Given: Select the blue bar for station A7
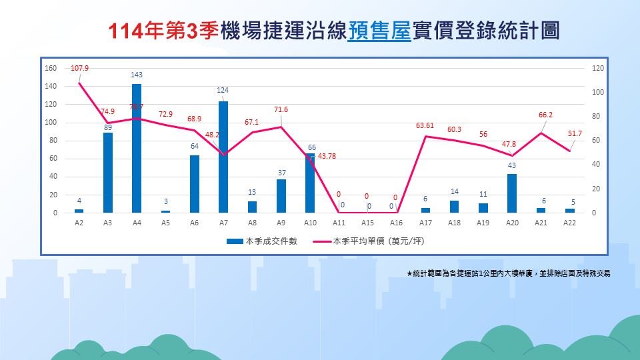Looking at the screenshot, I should point(223,157).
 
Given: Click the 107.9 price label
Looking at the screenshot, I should point(79,68).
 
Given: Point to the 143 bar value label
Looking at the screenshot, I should point(137,75).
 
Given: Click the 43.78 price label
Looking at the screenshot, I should point(327,156).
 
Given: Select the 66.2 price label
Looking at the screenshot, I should point(546,115).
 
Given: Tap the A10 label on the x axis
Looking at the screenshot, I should point(310,223).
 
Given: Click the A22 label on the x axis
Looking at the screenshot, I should point(570,223).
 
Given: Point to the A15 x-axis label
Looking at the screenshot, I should point(368,223).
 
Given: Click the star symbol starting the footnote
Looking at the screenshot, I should point(409,273).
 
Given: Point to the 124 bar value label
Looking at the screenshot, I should point(223,90).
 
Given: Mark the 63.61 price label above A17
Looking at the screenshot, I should point(425,125).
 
